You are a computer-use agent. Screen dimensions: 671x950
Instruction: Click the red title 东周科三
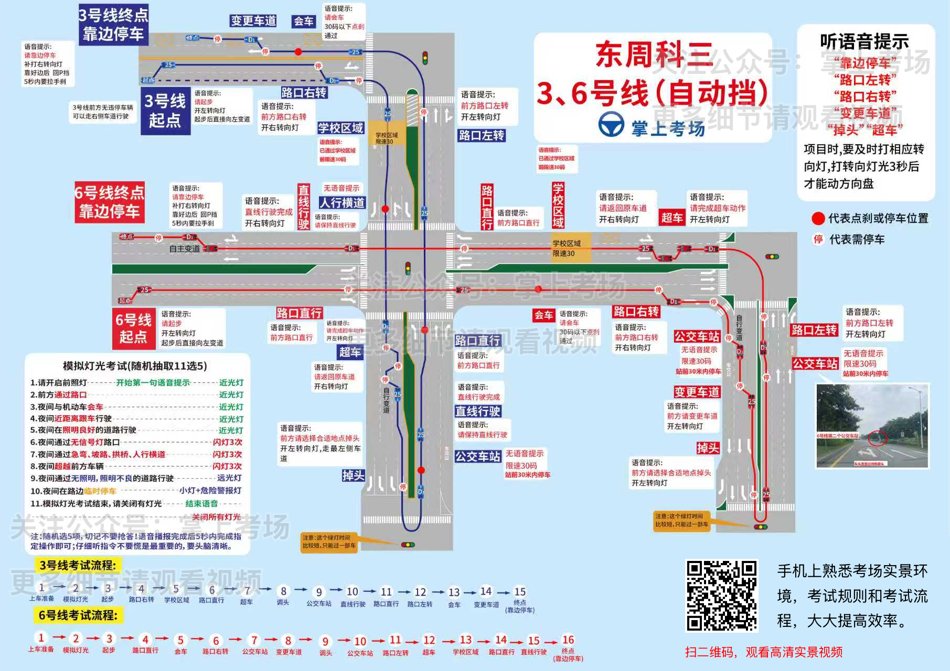click(x=654, y=55)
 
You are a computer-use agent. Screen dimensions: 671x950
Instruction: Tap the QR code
click(x=722, y=595)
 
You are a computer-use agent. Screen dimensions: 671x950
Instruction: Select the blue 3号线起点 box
click(x=165, y=111)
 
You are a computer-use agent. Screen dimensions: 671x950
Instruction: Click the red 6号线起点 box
click(x=133, y=328)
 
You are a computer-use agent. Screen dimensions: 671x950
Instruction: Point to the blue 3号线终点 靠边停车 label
click(x=113, y=25)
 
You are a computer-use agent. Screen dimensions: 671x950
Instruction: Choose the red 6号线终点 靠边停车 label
click(x=109, y=202)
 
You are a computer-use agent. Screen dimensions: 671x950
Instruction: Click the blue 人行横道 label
click(x=342, y=202)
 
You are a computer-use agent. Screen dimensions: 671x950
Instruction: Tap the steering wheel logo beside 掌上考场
click(x=611, y=125)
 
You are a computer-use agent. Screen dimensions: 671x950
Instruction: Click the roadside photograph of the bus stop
click(x=872, y=426)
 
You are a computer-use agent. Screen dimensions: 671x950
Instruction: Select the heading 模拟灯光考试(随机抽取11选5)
click(x=135, y=366)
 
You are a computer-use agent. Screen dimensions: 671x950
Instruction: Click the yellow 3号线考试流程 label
click(x=78, y=565)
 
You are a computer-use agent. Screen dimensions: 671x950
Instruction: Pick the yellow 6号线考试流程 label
click(x=78, y=615)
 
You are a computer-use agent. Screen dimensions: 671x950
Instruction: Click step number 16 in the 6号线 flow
click(x=568, y=640)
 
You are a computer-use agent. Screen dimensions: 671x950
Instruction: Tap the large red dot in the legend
click(x=818, y=219)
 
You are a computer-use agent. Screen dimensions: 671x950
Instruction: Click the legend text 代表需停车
click(x=857, y=240)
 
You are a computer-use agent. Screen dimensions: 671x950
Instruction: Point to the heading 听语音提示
click(x=864, y=41)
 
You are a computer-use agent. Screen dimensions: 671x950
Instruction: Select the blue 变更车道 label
click(x=253, y=21)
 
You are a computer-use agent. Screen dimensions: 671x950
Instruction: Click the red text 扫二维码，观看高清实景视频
click(x=763, y=652)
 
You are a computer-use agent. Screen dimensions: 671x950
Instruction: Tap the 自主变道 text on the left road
click(x=184, y=248)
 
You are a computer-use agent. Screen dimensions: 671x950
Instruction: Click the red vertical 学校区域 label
click(x=558, y=205)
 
